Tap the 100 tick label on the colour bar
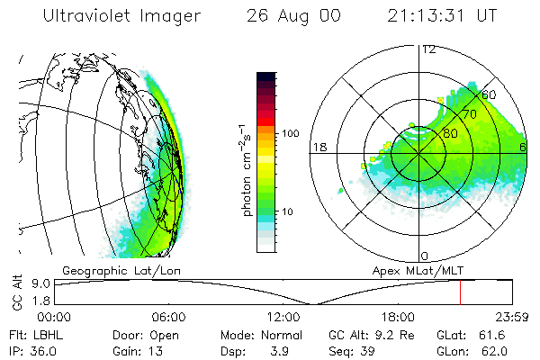click(x=292, y=133)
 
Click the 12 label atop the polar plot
click(x=428, y=49)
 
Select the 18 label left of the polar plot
click(x=318, y=147)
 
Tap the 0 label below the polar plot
click(x=425, y=256)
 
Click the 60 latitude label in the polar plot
click(x=490, y=94)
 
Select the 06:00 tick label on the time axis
click(x=168, y=317)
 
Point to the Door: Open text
click(x=140, y=334)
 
